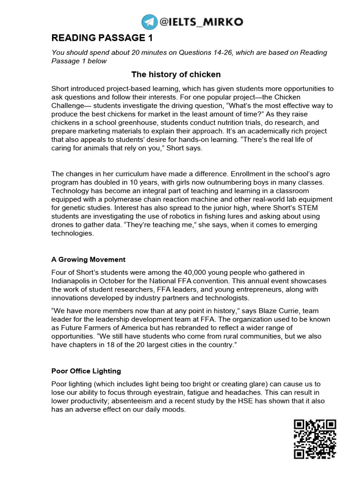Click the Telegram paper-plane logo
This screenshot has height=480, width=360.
click(150, 22)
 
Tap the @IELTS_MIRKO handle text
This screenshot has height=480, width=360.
click(201, 22)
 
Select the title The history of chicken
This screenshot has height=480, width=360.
click(176, 75)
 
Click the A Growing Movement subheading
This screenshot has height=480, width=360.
click(88, 260)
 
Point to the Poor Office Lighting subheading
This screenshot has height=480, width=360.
click(86, 371)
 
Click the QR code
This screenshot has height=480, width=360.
click(315, 439)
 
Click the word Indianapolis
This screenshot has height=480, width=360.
click(71, 280)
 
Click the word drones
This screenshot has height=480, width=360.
click(61, 225)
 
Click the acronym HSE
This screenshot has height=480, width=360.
click(255, 401)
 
